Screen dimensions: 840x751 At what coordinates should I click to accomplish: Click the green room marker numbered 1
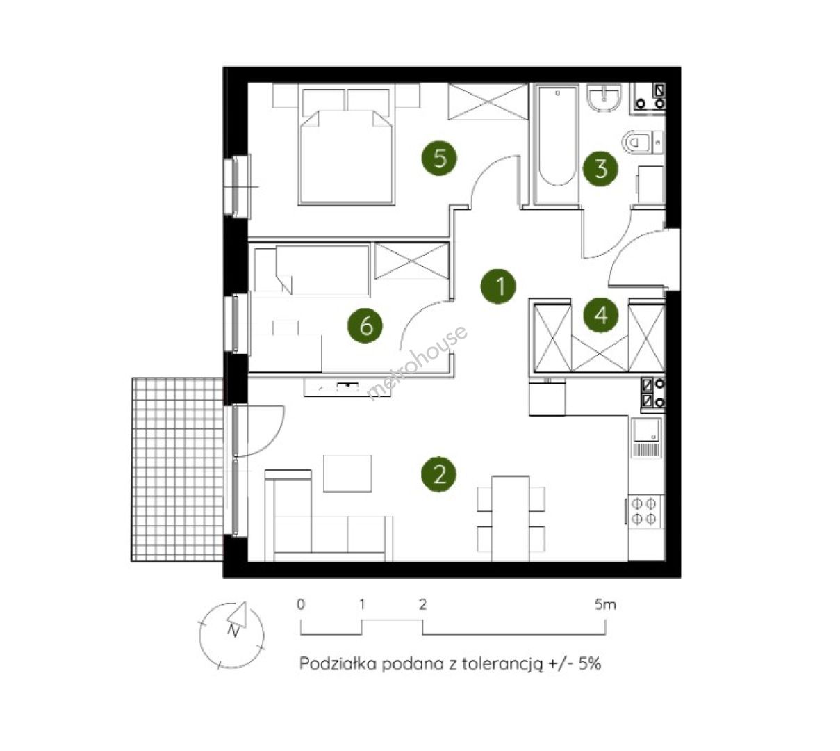pyautogui.click(x=498, y=286)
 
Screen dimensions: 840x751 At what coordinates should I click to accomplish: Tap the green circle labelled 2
pyautogui.click(x=438, y=474)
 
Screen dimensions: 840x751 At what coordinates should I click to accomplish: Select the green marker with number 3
pyautogui.click(x=600, y=168)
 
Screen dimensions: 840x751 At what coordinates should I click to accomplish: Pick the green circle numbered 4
pyautogui.click(x=600, y=315)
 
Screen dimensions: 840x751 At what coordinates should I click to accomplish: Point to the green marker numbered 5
pyautogui.click(x=438, y=158)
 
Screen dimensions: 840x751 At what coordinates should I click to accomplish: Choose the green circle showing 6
pyautogui.click(x=365, y=325)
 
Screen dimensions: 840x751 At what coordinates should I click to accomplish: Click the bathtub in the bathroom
pyautogui.click(x=557, y=144)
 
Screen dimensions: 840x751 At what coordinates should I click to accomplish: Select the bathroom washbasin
pyautogui.click(x=604, y=97)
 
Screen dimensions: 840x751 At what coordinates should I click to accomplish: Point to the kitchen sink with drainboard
pyautogui.click(x=645, y=438)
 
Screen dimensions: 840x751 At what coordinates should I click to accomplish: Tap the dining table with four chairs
pyautogui.click(x=511, y=519)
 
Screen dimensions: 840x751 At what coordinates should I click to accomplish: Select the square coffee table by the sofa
pyautogui.click(x=347, y=474)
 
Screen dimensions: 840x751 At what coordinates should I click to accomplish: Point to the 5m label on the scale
pyautogui.click(x=605, y=604)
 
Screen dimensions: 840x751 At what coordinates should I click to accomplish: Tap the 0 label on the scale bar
pyautogui.click(x=300, y=604)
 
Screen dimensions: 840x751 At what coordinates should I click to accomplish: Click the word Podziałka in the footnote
pyautogui.click(x=338, y=663)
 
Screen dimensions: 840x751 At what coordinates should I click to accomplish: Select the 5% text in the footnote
pyautogui.click(x=589, y=663)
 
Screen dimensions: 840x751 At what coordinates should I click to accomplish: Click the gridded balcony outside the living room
pyautogui.click(x=177, y=469)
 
